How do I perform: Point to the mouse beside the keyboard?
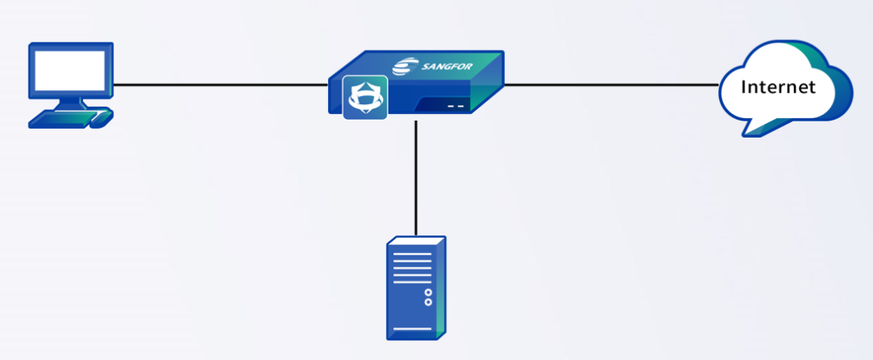[101, 119]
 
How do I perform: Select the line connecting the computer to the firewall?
[220, 84]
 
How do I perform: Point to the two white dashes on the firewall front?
[455, 106]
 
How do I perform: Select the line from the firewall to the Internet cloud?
[611, 84]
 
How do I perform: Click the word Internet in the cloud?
[778, 86]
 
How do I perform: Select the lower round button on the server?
[428, 302]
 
